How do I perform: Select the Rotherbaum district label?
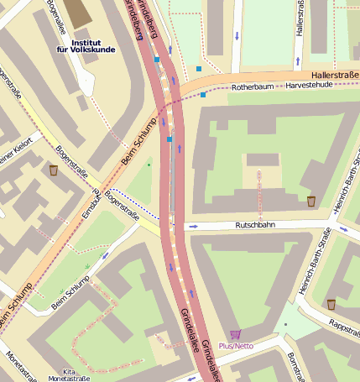tap(253, 86)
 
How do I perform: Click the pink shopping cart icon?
tap(235, 334)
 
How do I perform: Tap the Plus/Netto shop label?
tap(236, 346)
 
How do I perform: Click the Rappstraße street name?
tap(343, 322)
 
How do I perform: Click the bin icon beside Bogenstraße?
tap(54, 170)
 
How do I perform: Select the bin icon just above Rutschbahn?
tap(311, 201)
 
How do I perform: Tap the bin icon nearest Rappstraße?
tap(331, 304)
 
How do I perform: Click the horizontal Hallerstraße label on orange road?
tap(335, 76)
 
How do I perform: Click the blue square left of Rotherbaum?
tap(202, 95)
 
